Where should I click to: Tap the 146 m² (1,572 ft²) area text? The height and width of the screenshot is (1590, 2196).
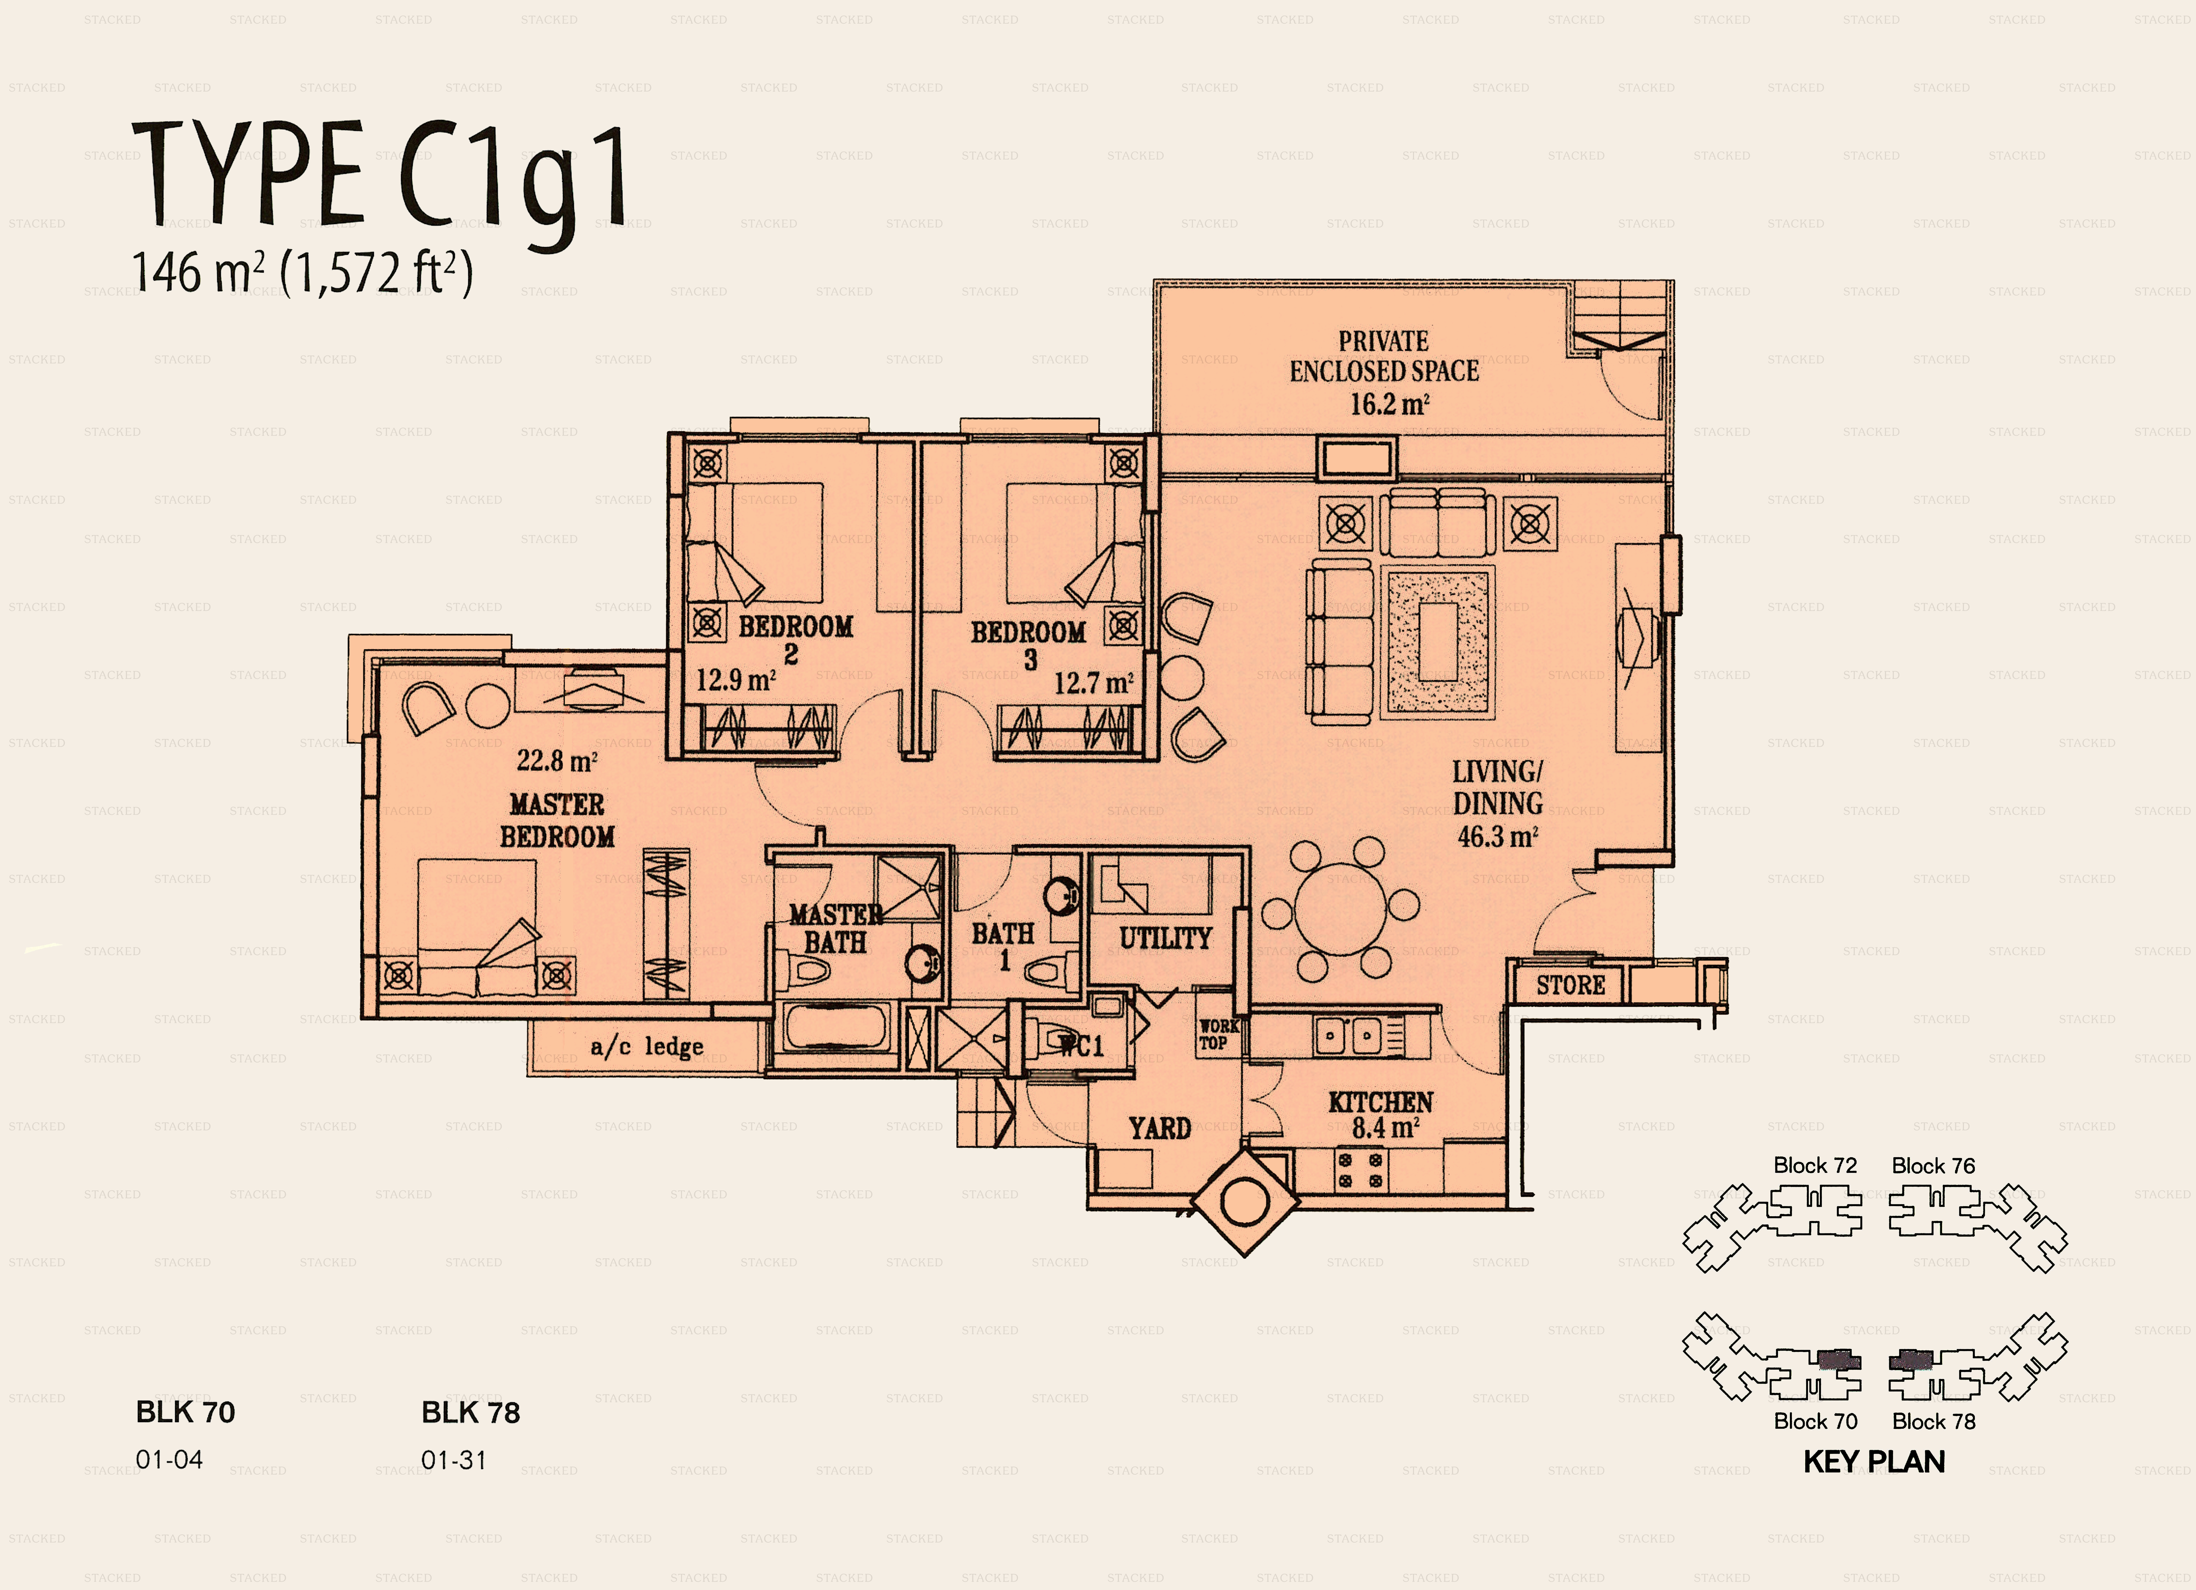click(302, 272)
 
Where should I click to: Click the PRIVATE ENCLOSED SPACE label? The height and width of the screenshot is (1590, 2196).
click(1384, 356)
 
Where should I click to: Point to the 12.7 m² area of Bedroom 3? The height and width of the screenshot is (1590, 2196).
click(1093, 684)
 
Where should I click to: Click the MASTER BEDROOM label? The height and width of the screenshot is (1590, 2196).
click(557, 820)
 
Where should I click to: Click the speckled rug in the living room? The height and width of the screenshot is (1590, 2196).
click(1438, 641)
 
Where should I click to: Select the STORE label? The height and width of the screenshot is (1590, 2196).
click(1571, 986)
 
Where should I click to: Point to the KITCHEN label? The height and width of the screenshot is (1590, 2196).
click(1381, 1102)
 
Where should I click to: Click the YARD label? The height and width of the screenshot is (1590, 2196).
click(1159, 1128)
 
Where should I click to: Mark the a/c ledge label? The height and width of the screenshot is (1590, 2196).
click(647, 1047)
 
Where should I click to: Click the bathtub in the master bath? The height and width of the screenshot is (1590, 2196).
click(836, 1027)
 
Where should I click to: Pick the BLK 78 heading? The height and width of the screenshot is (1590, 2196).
click(470, 1413)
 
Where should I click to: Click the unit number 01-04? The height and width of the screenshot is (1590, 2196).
click(169, 1460)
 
